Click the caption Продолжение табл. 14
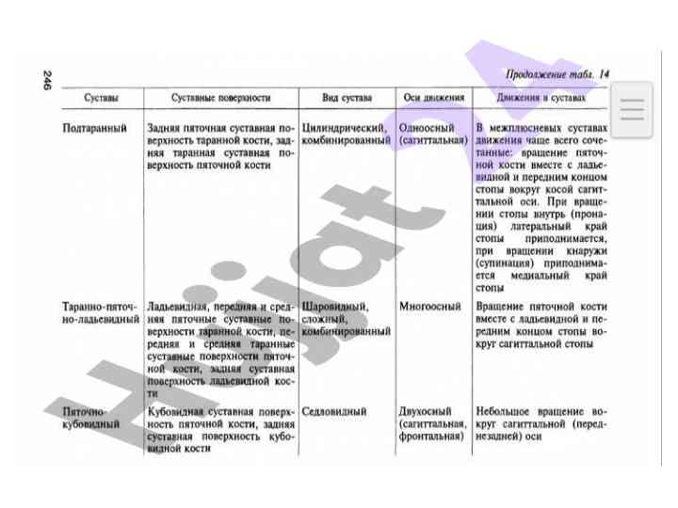click(x=557, y=74)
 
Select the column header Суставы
click(x=101, y=98)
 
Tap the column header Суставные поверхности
click(x=221, y=98)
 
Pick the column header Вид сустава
click(x=347, y=98)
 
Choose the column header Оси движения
click(x=433, y=98)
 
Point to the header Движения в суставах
click(x=542, y=98)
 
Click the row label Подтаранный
click(x=94, y=127)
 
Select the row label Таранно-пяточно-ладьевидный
click(x=101, y=313)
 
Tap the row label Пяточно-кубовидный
click(x=91, y=418)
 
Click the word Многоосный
click(x=429, y=307)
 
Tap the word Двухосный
click(x=426, y=412)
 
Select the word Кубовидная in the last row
click(x=176, y=412)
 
